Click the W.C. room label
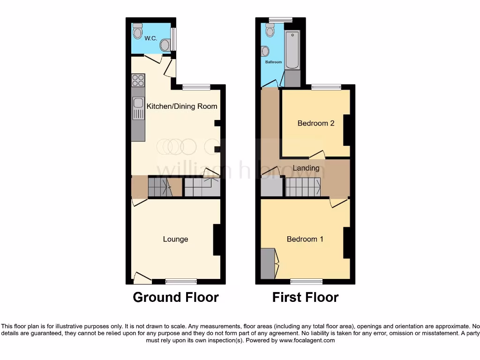[x=151, y=38]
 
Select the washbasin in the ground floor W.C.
[x=165, y=45]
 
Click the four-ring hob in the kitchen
[x=138, y=80]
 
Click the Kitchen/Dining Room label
[x=182, y=106]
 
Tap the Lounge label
[x=175, y=239]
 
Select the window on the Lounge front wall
[x=181, y=281]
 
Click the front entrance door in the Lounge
[x=142, y=278]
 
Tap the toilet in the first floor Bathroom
[x=270, y=30]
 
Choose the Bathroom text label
[x=273, y=62]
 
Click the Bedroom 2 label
[x=316, y=123]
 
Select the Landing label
[x=306, y=168]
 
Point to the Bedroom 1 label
[x=305, y=239]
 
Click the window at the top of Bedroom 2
[x=326, y=87]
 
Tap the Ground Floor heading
[x=175, y=297]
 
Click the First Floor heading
[x=305, y=297]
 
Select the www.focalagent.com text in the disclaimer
[x=307, y=341]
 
